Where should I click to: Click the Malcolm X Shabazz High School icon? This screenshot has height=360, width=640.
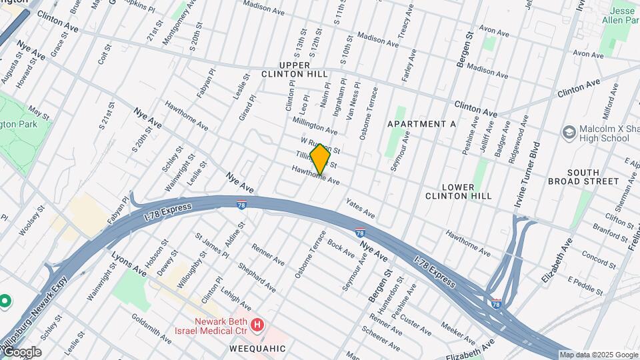pos(569,132)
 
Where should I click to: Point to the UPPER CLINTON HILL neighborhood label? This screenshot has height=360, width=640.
pos(295,69)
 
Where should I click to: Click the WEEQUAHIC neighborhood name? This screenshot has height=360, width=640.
pos(258,349)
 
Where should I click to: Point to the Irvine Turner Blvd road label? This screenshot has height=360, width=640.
pos(535,166)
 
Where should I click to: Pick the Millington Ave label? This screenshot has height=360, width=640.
pos(315,125)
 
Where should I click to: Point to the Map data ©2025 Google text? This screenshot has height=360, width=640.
pos(599,355)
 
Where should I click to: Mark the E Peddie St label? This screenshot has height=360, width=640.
pos(585,286)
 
